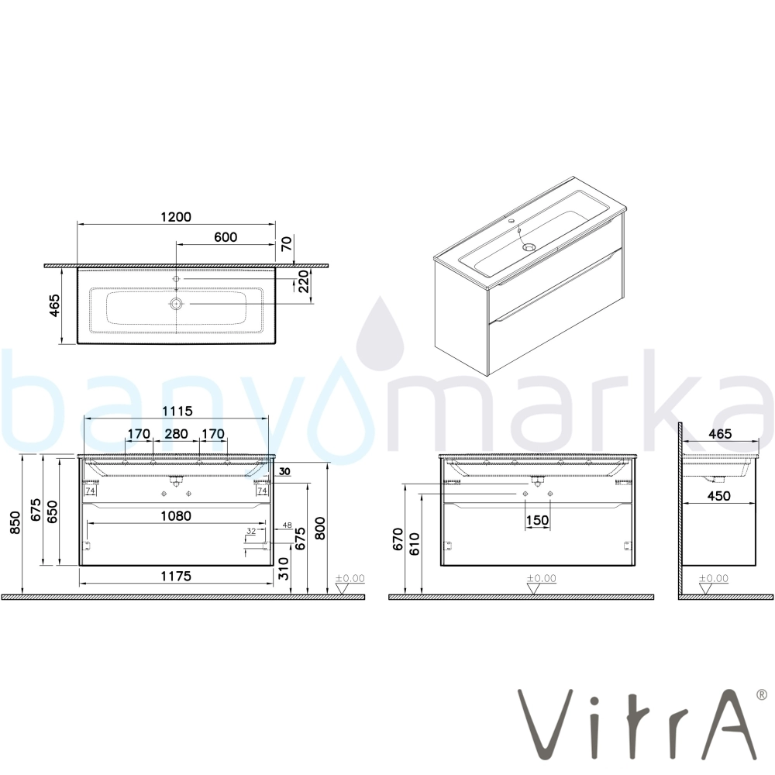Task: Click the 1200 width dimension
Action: (176, 216)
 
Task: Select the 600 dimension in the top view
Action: (226, 236)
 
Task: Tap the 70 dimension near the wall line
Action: (287, 243)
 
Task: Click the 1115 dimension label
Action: (176, 411)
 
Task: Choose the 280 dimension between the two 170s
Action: (176, 433)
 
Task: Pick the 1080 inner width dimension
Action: (176, 515)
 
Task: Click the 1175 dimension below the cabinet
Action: (176, 576)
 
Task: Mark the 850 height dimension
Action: (15, 522)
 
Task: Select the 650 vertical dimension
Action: (53, 511)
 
